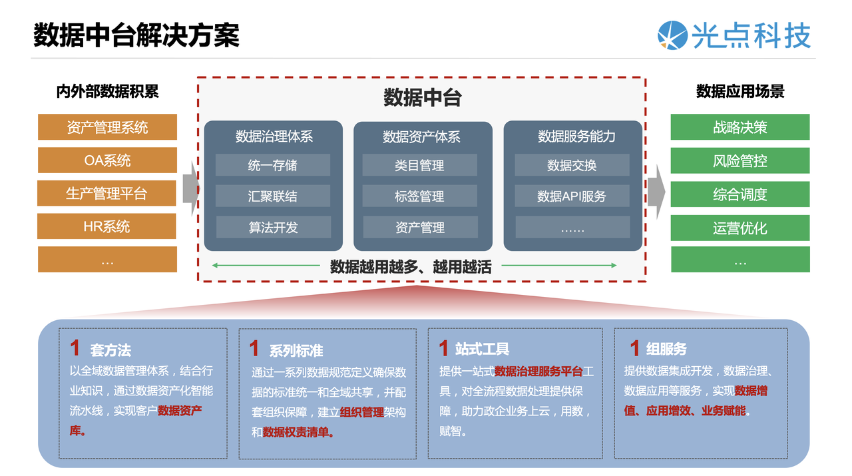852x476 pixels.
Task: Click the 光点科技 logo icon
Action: [x=672, y=35]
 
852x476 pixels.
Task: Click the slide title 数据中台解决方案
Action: [x=136, y=35]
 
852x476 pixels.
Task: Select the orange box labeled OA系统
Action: [x=107, y=160]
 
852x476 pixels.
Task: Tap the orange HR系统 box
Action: [x=106, y=226]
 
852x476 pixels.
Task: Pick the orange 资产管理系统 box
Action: [x=107, y=127]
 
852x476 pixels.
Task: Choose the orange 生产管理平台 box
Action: [x=106, y=193]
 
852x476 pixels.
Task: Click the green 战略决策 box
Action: [x=740, y=127]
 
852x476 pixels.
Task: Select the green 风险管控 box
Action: [x=740, y=160]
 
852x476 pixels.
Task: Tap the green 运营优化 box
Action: [x=740, y=228]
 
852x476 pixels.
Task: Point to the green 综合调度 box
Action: [x=740, y=194]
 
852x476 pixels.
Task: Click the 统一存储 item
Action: [x=273, y=165]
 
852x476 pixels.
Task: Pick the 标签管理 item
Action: [x=419, y=196]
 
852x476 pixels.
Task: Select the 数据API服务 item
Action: [x=572, y=196]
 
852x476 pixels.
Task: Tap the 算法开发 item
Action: [x=274, y=227]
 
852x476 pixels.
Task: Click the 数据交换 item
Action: [x=572, y=165]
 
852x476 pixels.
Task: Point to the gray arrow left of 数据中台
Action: [x=191, y=188]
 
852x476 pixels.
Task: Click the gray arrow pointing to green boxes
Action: [x=656, y=192]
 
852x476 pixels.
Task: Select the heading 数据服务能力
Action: [x=576, y=136]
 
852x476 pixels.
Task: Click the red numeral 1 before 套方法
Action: [x=75, y=348]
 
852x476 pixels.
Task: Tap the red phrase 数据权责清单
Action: [x=296, y=432]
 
